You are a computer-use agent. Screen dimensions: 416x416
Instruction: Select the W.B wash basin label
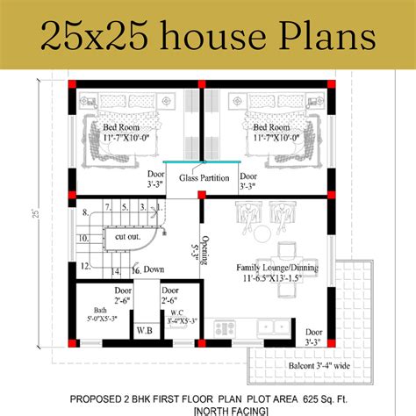145,331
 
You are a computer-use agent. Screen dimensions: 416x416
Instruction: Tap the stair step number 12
85,264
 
